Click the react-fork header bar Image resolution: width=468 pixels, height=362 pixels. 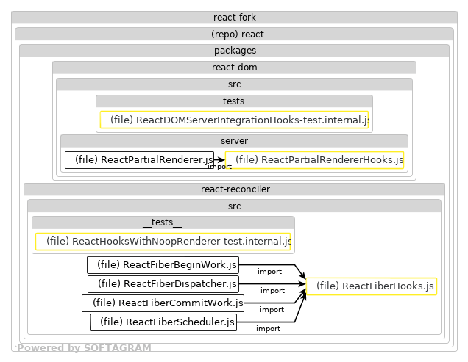[x=234, y=17]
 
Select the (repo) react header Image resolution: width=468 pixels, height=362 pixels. [x=234, y=34]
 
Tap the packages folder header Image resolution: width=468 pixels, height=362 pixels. [x=234, y=51]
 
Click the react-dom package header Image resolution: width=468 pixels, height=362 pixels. [x=234, y=68]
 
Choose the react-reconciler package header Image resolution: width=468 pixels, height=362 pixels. [x=234, y=189]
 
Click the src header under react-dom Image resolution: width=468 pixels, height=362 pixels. [x=234, y=84]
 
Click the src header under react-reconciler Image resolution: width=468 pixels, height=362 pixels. [x=234, y=206]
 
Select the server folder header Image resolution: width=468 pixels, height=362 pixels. [x=234, y=140]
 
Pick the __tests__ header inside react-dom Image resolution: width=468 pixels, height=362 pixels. [x=234, y=101]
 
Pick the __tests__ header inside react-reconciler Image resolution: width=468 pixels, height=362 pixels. [x=163, y=222]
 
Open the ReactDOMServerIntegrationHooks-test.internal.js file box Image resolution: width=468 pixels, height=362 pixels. [x=234, y=120]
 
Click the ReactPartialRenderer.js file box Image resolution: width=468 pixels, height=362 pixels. [x=139, y=159]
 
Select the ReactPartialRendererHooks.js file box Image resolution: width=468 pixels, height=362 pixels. [x=314, y=159]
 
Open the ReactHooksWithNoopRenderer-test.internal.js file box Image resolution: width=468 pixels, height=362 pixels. [x=163, y=241]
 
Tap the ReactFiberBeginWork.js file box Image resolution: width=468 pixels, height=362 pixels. [x=163, y=264]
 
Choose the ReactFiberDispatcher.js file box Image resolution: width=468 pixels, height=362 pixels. [x=163, y=283]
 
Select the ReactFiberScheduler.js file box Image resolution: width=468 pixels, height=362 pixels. [x=163, y=322]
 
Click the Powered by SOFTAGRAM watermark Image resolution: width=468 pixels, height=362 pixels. [x=84, y=348]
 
